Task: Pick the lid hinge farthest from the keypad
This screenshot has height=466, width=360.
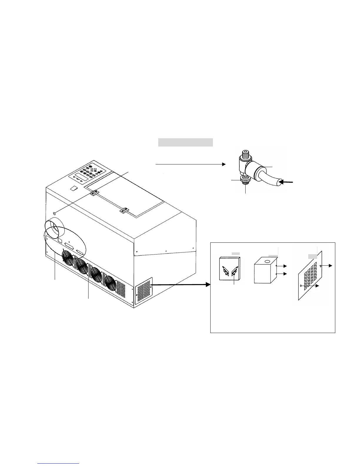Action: tap(124, 210)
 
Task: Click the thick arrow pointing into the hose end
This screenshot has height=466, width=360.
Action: tap(285, 182)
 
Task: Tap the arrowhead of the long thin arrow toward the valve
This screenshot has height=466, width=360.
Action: tap(224, 164)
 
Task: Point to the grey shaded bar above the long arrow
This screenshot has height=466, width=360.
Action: tap(185, 142)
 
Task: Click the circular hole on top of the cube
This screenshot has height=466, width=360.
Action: tap(267, 261)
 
